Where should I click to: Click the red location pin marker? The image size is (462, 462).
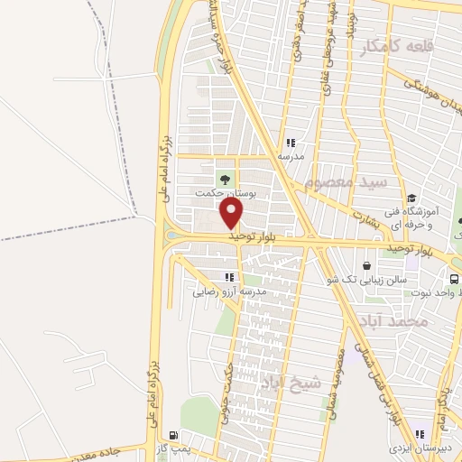point(233,214)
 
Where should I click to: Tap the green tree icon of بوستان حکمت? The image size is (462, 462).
point(224,178)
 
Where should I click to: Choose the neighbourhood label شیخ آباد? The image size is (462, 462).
point(291,383)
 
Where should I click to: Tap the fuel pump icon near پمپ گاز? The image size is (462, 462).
point(173,435)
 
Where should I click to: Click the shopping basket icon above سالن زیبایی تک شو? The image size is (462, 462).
point(366,265)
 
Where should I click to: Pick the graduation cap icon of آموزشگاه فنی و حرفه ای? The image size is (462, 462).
point(411,199)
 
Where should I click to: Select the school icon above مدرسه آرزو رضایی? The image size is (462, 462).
point(229,277)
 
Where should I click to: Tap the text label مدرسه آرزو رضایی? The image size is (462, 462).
point(229,292)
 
